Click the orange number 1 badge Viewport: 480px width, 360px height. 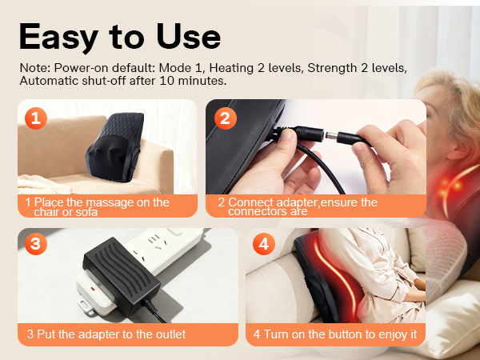[34, 119]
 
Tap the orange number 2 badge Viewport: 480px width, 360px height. [226, 119]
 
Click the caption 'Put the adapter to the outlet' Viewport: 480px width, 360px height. [106, 334]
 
